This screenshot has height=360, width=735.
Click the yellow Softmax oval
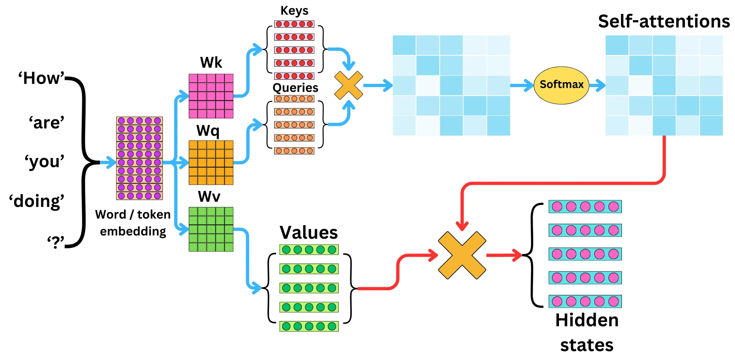click(x=561, y=85)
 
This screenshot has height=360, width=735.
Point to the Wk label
click(x=211, y=62)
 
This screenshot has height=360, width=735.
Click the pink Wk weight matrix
click(x=211, y=96)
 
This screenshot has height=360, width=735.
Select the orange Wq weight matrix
click(x=211, y=162)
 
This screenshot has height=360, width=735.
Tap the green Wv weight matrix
click(x=211, y=229)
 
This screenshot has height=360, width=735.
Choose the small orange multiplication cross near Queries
click(x=348, y=85)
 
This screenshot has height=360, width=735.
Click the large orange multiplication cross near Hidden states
click(x=462, y=255)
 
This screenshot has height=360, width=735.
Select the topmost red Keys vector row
click(x=294, y=24)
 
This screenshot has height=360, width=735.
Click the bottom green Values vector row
click(x=309, y=326)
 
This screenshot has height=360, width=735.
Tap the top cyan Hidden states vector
click(x=585, y=206)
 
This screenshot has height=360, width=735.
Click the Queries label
click(x=295, y=87)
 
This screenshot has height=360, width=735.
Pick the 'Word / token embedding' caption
click(x=133, y=222)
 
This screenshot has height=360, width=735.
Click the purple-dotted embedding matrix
click(x=139, y=158)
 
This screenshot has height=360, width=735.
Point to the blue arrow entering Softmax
click(x=522, y=85)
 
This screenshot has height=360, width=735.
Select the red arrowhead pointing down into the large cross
click(x=462, y=226)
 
